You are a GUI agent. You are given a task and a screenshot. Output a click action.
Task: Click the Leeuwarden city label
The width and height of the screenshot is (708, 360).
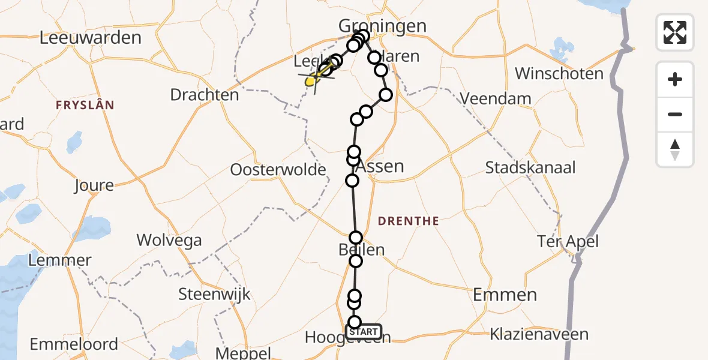point(90,38)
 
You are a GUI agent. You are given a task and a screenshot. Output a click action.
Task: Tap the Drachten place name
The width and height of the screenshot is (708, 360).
point(204,95)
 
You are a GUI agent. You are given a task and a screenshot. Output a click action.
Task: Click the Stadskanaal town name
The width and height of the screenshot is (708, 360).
point(530,167)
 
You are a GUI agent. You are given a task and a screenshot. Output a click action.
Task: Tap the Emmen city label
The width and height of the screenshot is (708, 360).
point(505,295)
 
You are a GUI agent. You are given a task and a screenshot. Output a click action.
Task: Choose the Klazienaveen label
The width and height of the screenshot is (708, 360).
point(539,334)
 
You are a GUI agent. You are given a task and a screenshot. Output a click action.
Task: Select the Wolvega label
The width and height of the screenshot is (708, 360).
point(169,241)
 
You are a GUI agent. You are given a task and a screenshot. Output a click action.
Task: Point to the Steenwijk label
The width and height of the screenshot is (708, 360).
point(214,295)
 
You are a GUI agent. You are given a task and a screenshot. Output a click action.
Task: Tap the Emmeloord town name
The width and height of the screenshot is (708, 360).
point(74,344)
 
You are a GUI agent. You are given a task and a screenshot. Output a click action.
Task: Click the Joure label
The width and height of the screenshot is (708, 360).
point(94,185)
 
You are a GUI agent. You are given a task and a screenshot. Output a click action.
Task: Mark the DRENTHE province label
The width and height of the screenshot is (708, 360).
point(408,221)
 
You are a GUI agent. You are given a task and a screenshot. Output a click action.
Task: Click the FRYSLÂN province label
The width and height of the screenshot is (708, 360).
point(85,105)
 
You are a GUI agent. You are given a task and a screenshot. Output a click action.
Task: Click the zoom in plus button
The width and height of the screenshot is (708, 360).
point(675,79)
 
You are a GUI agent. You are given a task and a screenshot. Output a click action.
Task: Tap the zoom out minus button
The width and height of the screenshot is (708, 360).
point(675,114)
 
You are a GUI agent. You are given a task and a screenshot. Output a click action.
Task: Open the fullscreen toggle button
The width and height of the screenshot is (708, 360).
point(675,32)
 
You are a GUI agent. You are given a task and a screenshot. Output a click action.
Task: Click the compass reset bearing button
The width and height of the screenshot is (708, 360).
point(675,149)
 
